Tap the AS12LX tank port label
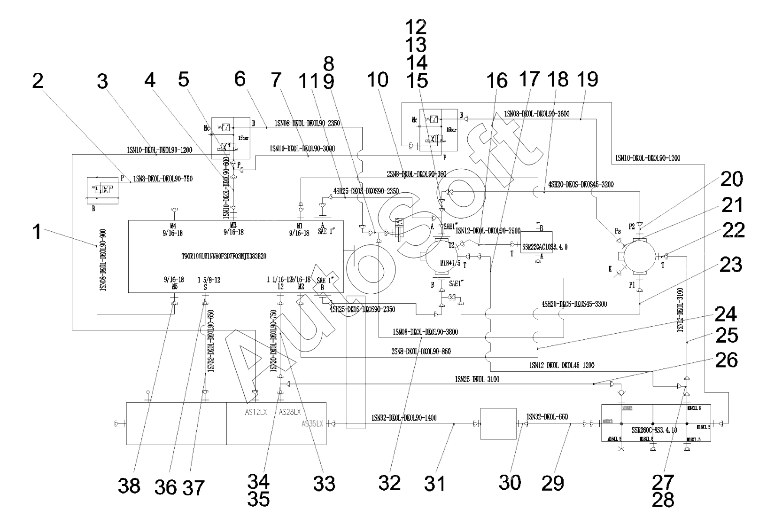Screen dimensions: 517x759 [256, 412]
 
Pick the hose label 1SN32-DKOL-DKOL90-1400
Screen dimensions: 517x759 [404, 417]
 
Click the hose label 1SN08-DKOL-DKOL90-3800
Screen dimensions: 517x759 [425, 332]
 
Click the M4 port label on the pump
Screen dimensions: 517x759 [174, 226]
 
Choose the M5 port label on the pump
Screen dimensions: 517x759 [174, 285]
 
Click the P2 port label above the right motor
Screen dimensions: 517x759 [632, 226]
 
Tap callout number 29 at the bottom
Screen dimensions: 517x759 [553, 483]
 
